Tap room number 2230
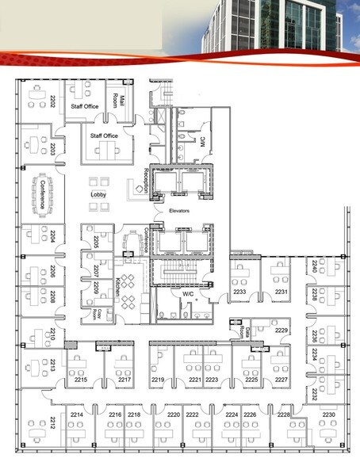[x=328, y=414]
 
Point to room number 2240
[x=314, y=266]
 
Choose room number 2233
[x=239, y=292]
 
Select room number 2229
[x=281, y=330]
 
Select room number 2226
[x=250, y=414]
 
